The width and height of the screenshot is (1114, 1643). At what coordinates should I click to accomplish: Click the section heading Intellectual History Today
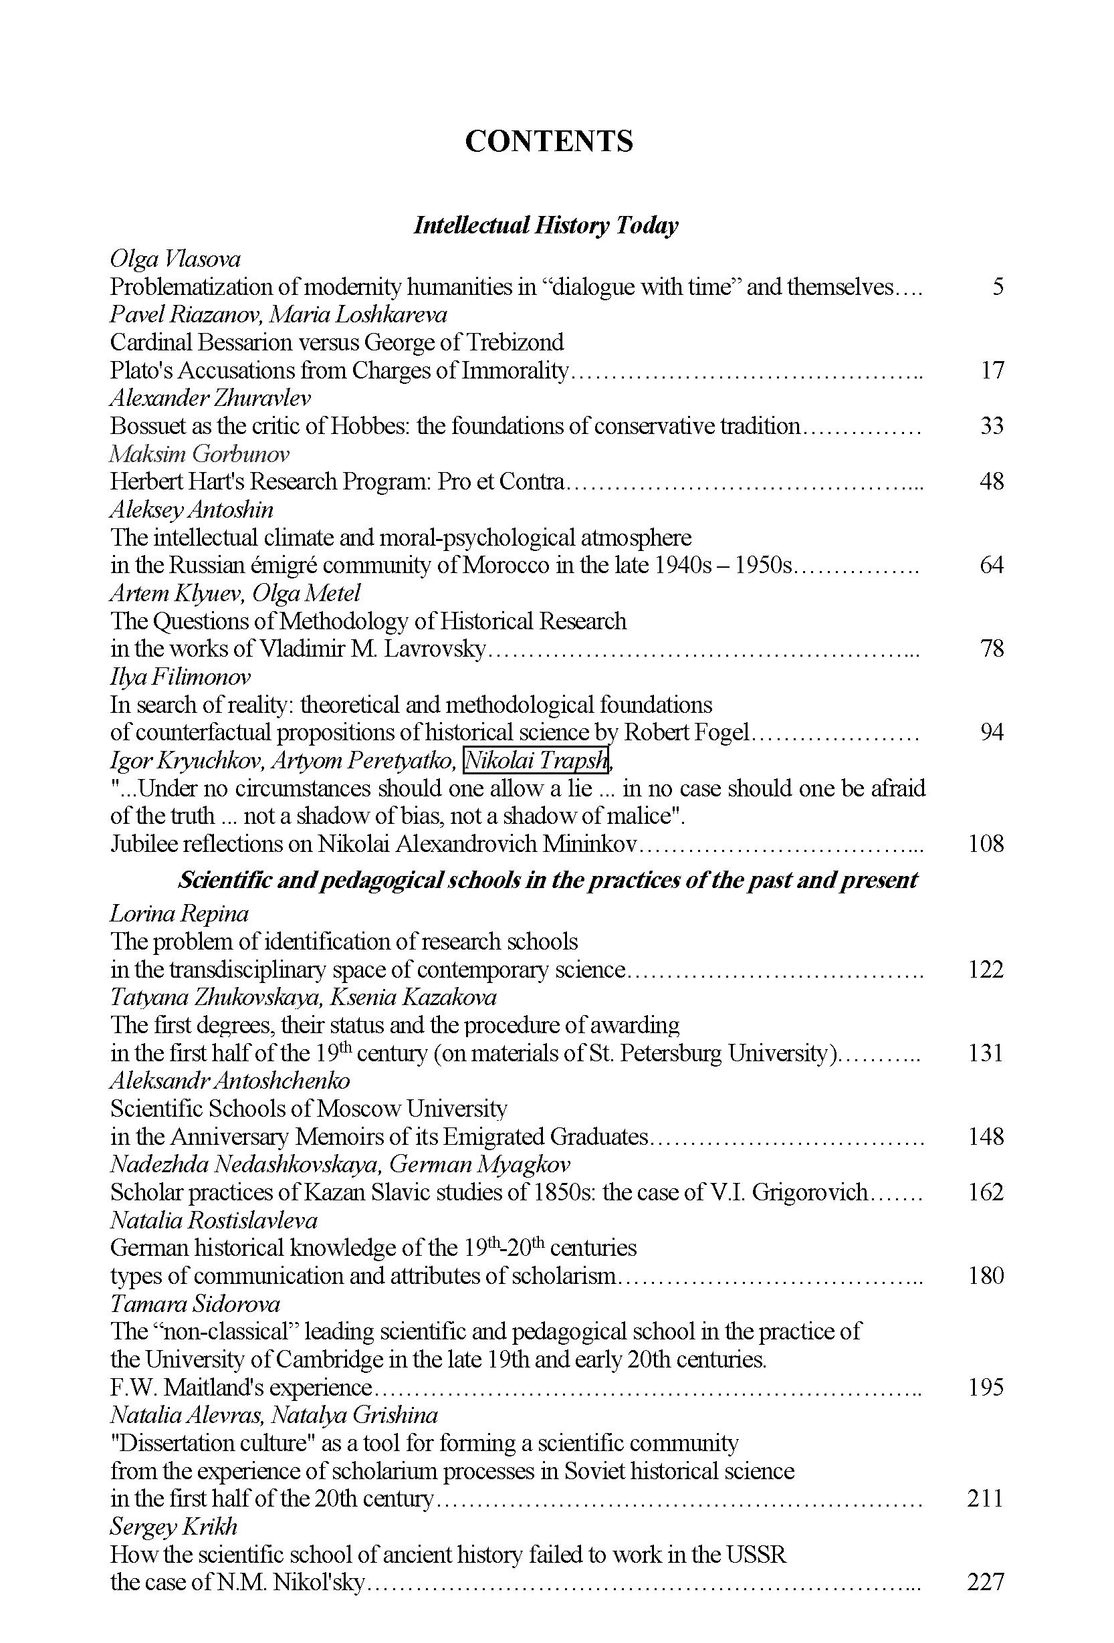pos(546,225)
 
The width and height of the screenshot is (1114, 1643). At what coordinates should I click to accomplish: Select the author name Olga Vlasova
pos(175,259)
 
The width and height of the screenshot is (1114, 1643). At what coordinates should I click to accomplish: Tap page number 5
pos(998,287)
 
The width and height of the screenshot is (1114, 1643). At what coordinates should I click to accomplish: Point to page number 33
pos(992,425)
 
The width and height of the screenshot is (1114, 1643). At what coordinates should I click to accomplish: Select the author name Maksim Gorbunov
pos(199,454)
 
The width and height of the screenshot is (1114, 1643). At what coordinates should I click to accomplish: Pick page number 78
pos(992,648)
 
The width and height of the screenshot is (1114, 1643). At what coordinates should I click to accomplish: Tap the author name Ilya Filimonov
pos(181,677)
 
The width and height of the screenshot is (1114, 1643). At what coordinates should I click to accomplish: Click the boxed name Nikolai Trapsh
pos(536,760)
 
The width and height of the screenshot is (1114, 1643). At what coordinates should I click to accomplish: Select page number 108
pos(986,843)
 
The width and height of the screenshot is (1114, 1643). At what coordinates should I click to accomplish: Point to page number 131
pos(986,1053)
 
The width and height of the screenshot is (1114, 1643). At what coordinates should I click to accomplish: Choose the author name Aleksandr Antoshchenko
pos(231,1080)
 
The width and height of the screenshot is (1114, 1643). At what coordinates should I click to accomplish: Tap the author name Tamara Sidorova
pos(195,1303)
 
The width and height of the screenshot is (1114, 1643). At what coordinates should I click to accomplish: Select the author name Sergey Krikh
pos(174,1527)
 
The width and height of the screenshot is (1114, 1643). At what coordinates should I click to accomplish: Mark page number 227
pos(986,1582)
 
